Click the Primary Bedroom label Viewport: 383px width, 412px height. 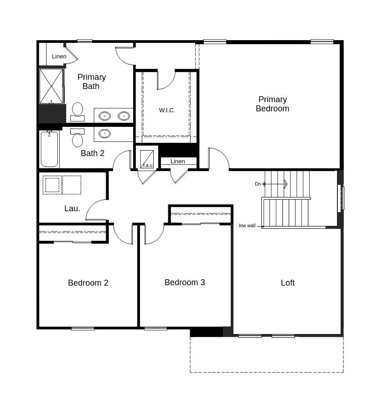tap(272, 104)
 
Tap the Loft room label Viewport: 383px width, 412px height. tap(287, 283)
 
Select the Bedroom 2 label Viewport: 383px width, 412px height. tap(88, 283)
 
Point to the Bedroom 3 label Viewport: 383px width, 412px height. tap(185, 282)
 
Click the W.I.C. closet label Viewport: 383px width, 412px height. tap(167, 110)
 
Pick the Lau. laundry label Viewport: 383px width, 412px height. tap(72, 209)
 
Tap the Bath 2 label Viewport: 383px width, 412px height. tap(93, 153)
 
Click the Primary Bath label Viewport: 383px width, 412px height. tap(91, 82)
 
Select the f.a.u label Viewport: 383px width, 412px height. tap(147, 165)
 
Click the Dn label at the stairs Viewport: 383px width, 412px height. tap(258, 184)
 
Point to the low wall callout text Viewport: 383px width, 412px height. tap(247, 225)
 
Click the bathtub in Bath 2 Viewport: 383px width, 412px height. tap(49, 149)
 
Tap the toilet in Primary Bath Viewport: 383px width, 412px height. tap(78, 111)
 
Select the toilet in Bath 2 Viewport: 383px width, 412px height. tap(78, 138)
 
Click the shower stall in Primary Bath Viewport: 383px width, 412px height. tap(51, 86)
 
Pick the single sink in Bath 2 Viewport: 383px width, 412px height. tap(104, 134)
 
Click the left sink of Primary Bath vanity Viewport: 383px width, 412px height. tap(104, 116)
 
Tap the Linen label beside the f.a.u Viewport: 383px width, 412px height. tap(177, 161)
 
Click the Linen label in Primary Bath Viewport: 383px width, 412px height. tap(59, 56)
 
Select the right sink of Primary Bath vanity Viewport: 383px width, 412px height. tap(124, 116)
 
